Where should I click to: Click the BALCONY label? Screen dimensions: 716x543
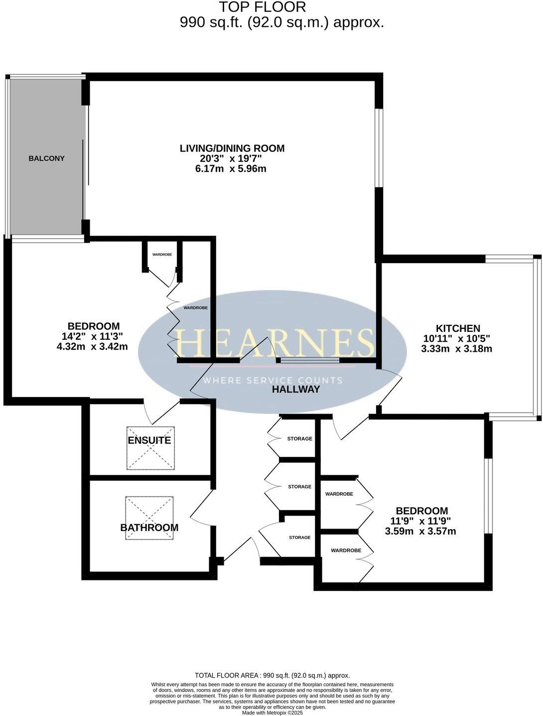(x=46, y=158)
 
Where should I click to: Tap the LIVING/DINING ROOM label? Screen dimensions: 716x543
(x=232, y=148)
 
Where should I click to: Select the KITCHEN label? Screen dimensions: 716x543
(x=458, y=328)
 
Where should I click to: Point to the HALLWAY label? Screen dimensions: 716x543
(x=296, y=390)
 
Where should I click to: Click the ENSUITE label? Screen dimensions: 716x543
(x=149, y=440)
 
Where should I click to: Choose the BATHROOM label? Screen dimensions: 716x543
(x=149, y=528)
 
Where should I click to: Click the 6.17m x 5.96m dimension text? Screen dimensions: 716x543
(x=231, y=169)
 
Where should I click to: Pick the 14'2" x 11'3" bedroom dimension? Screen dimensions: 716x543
(x=94, y=336)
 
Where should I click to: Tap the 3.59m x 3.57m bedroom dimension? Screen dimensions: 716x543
(x=420, y=531)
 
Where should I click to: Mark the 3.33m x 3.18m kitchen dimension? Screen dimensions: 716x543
(x=456, y=349)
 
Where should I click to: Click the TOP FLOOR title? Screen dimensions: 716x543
(x=263, y=7)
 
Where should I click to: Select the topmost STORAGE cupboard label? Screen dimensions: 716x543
(x=299, y=439)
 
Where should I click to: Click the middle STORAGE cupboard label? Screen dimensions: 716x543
(x=299, y=487)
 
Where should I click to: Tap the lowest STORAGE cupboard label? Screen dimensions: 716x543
(x=299, y=538)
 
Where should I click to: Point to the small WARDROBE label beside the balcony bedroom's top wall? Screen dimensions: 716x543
(x=162, y=255)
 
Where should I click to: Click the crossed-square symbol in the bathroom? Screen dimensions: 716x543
(x=150, y=517)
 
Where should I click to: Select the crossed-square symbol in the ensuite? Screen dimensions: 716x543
(x=150, y=448)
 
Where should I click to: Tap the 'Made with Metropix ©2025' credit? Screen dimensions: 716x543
(x=272, y=713)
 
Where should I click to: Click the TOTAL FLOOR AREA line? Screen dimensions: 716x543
(x=272, y=676)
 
